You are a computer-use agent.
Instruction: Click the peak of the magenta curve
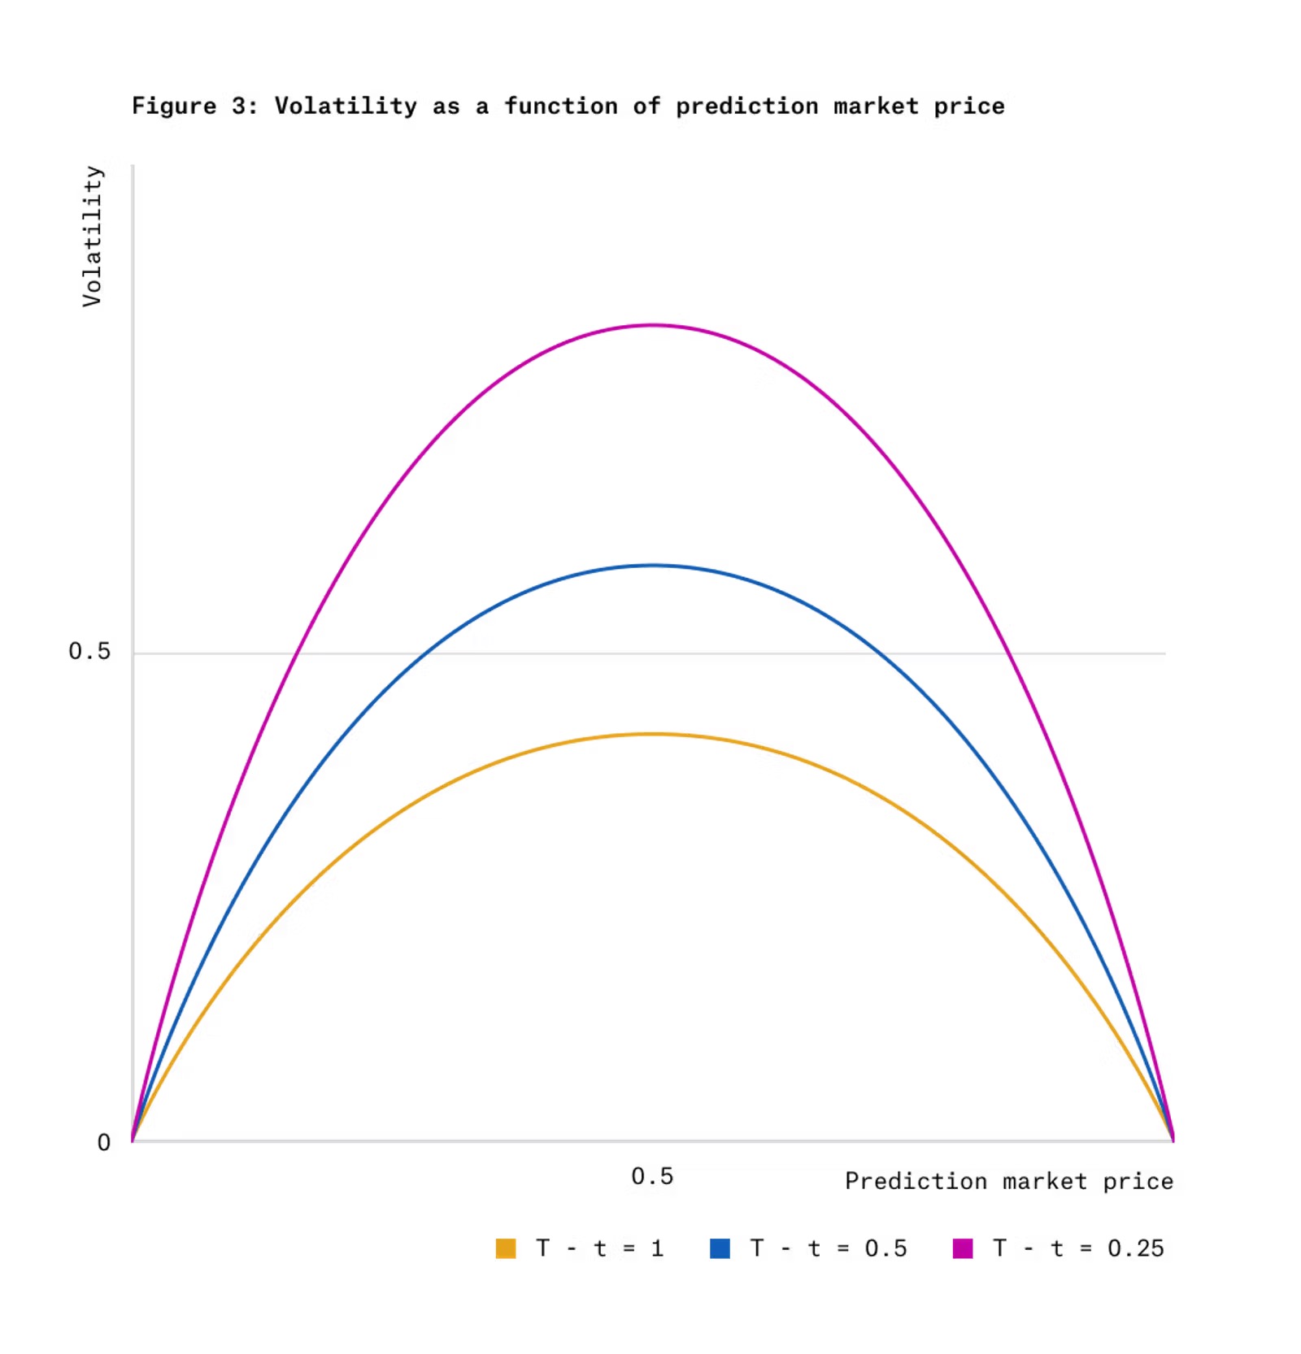point(652,325)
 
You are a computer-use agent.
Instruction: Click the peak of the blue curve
point(652,565)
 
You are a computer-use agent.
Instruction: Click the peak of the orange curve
point(652,734)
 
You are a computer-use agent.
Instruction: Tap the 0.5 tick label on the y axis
point(89,651)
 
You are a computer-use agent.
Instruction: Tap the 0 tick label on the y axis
point(103,1143)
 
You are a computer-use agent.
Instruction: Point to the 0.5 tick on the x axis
point(652,1176)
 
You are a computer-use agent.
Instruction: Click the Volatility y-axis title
point(93,236)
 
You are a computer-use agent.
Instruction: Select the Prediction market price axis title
point(1008,1181)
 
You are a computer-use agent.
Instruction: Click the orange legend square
point(506,1248)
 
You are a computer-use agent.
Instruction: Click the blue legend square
point(720,1248)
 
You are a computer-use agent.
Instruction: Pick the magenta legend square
point(963,1248)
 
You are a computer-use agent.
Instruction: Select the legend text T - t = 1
point(599,1248)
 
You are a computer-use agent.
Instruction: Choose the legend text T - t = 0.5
point(828,1248)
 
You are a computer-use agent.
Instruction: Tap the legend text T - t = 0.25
point(1078,1248)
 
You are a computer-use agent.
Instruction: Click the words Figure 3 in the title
point(194,106)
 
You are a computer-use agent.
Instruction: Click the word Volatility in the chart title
point(346,106)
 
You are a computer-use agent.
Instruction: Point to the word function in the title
point(560,106)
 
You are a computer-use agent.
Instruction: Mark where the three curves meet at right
point(1173,1139)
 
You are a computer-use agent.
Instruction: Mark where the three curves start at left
point(133,1139)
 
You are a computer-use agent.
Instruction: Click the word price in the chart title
point(968,106)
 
